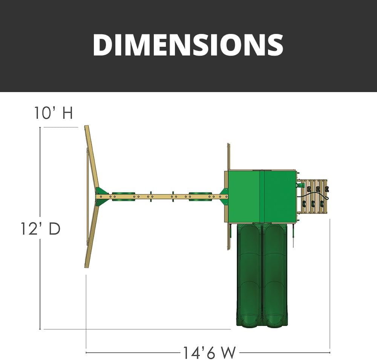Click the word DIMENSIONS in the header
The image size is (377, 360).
click(x=188, y=45)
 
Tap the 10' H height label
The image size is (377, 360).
click(x=54, y=112)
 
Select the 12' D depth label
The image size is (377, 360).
click(x=40, y=229)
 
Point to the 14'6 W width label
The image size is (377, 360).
click(x=209, y=352)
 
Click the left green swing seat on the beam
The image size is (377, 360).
click(x=124, y=196)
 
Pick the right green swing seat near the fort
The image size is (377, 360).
click(x=200, y=196)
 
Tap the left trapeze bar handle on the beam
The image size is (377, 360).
click(x=151, y=197)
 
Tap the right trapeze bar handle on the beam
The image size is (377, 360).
click(x=173, y=197)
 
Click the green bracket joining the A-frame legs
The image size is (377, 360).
click(x=102, y=196)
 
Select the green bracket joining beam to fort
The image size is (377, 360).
click(x=224, y=196)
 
